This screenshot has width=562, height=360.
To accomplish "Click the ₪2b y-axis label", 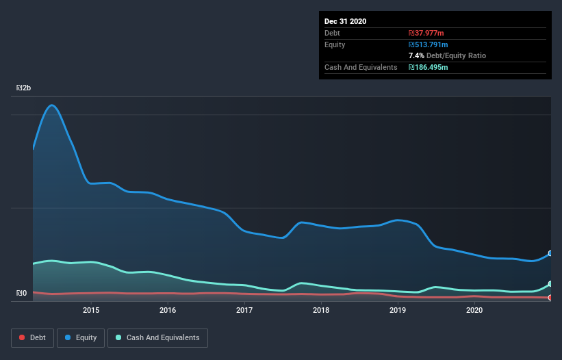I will [24, 88].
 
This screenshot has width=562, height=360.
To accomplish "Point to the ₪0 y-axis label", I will [22, 294].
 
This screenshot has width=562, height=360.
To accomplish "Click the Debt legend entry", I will [33, 337].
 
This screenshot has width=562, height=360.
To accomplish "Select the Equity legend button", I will [81, 337].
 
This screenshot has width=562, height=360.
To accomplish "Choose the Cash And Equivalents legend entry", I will [157, 337].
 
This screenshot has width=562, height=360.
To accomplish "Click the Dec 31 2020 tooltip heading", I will [346, 21].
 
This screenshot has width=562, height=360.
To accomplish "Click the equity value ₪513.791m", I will [428, 44].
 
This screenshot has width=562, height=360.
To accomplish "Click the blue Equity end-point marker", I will [550, 253].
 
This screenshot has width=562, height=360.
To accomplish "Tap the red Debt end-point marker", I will [550, 298].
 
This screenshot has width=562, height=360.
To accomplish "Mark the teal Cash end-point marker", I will [550, 284].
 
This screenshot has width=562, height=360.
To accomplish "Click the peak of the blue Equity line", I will [51, 105].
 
